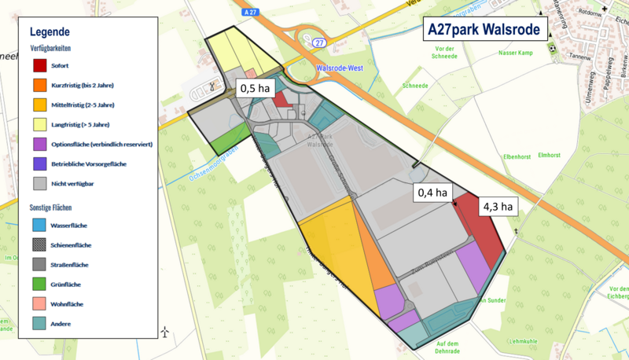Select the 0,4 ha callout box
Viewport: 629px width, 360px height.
tap(432, 193)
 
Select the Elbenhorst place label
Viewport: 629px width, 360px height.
tap(521, 156)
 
